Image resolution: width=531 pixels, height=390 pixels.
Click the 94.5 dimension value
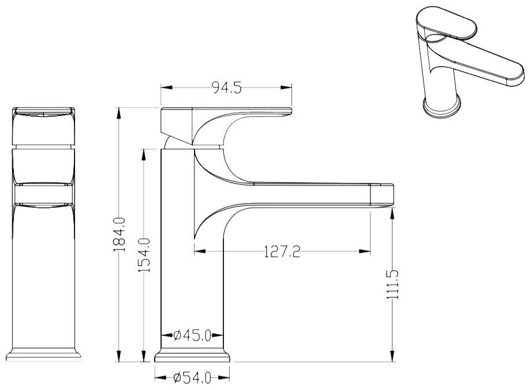[x=227, y=88]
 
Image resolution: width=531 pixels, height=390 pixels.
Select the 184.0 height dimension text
[x=120, y=234]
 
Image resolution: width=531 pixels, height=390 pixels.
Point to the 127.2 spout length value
[x=282, y=252]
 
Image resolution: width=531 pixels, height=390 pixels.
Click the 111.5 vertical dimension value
[x=393, y=284]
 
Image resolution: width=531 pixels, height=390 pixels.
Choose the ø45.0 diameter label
[x=192, y=336]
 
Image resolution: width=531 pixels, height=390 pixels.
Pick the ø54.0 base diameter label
[x=192, y=377]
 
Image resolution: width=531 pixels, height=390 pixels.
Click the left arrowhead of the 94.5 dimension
[x=167, y=88]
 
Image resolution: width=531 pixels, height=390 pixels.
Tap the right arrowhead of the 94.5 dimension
[x=286, y=88]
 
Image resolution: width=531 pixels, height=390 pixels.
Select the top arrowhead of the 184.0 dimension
[x=118, y=113]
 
